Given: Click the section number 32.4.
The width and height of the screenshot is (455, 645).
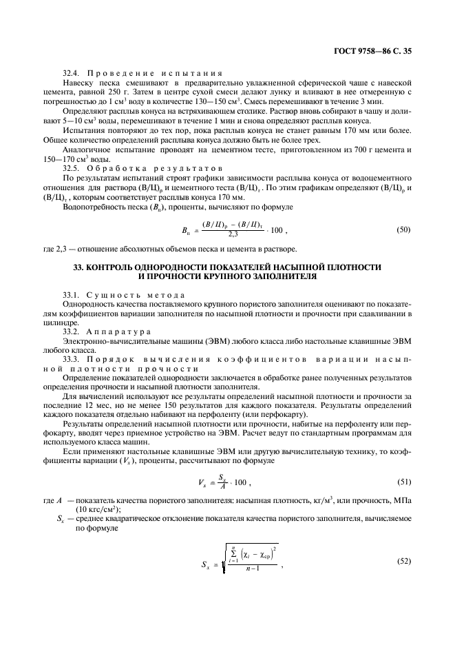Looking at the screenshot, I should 72,72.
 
